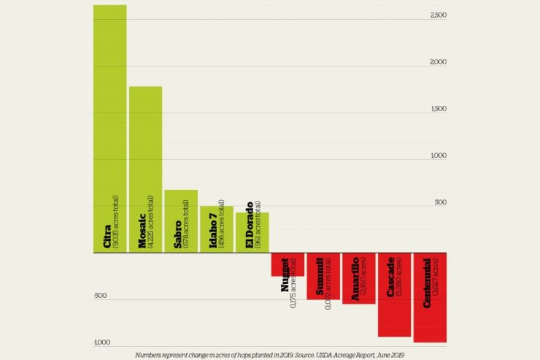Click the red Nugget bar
(x=288, y=264)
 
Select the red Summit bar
(x=323, y=276)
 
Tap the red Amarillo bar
(x=358, y=278)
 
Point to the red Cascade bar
(x=394, y=294)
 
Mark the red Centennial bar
(x=430, y=297)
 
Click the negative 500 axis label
(x=100, y=296)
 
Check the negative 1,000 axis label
(x=101, y=342)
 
